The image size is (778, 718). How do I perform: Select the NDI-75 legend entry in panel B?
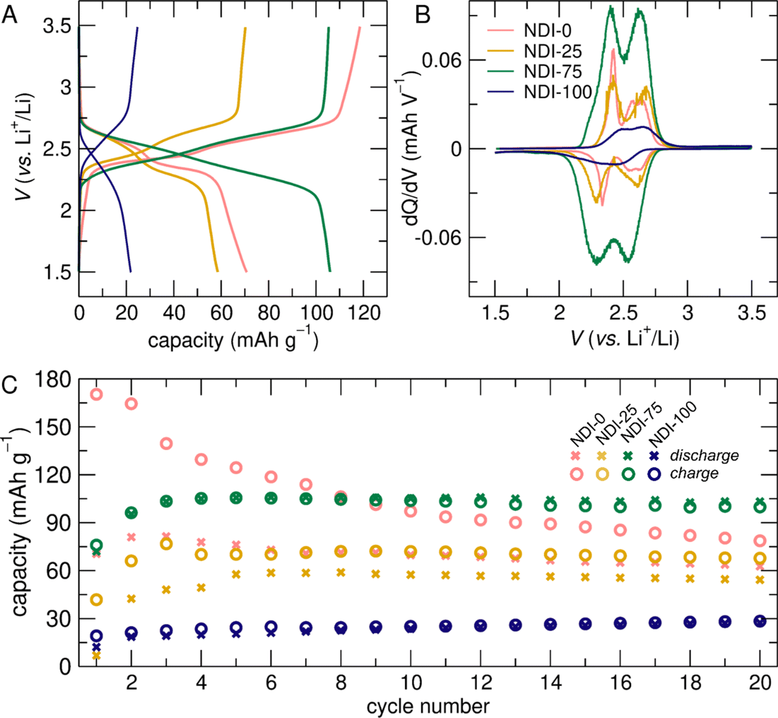552,71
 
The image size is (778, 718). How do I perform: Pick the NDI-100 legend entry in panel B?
558,91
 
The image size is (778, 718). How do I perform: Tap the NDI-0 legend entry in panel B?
548,31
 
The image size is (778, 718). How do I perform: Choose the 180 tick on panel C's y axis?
55,379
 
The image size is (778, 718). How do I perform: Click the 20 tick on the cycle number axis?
760,682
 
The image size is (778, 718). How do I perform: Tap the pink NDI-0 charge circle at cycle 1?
96,394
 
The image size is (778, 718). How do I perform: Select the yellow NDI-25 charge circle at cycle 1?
96,599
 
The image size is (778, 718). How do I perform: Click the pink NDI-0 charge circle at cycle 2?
131,404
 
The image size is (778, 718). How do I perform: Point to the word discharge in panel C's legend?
704,456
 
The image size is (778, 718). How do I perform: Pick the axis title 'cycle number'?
428,707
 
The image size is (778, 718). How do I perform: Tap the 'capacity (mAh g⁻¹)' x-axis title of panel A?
233,340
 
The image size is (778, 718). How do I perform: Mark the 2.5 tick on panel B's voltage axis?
623,313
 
